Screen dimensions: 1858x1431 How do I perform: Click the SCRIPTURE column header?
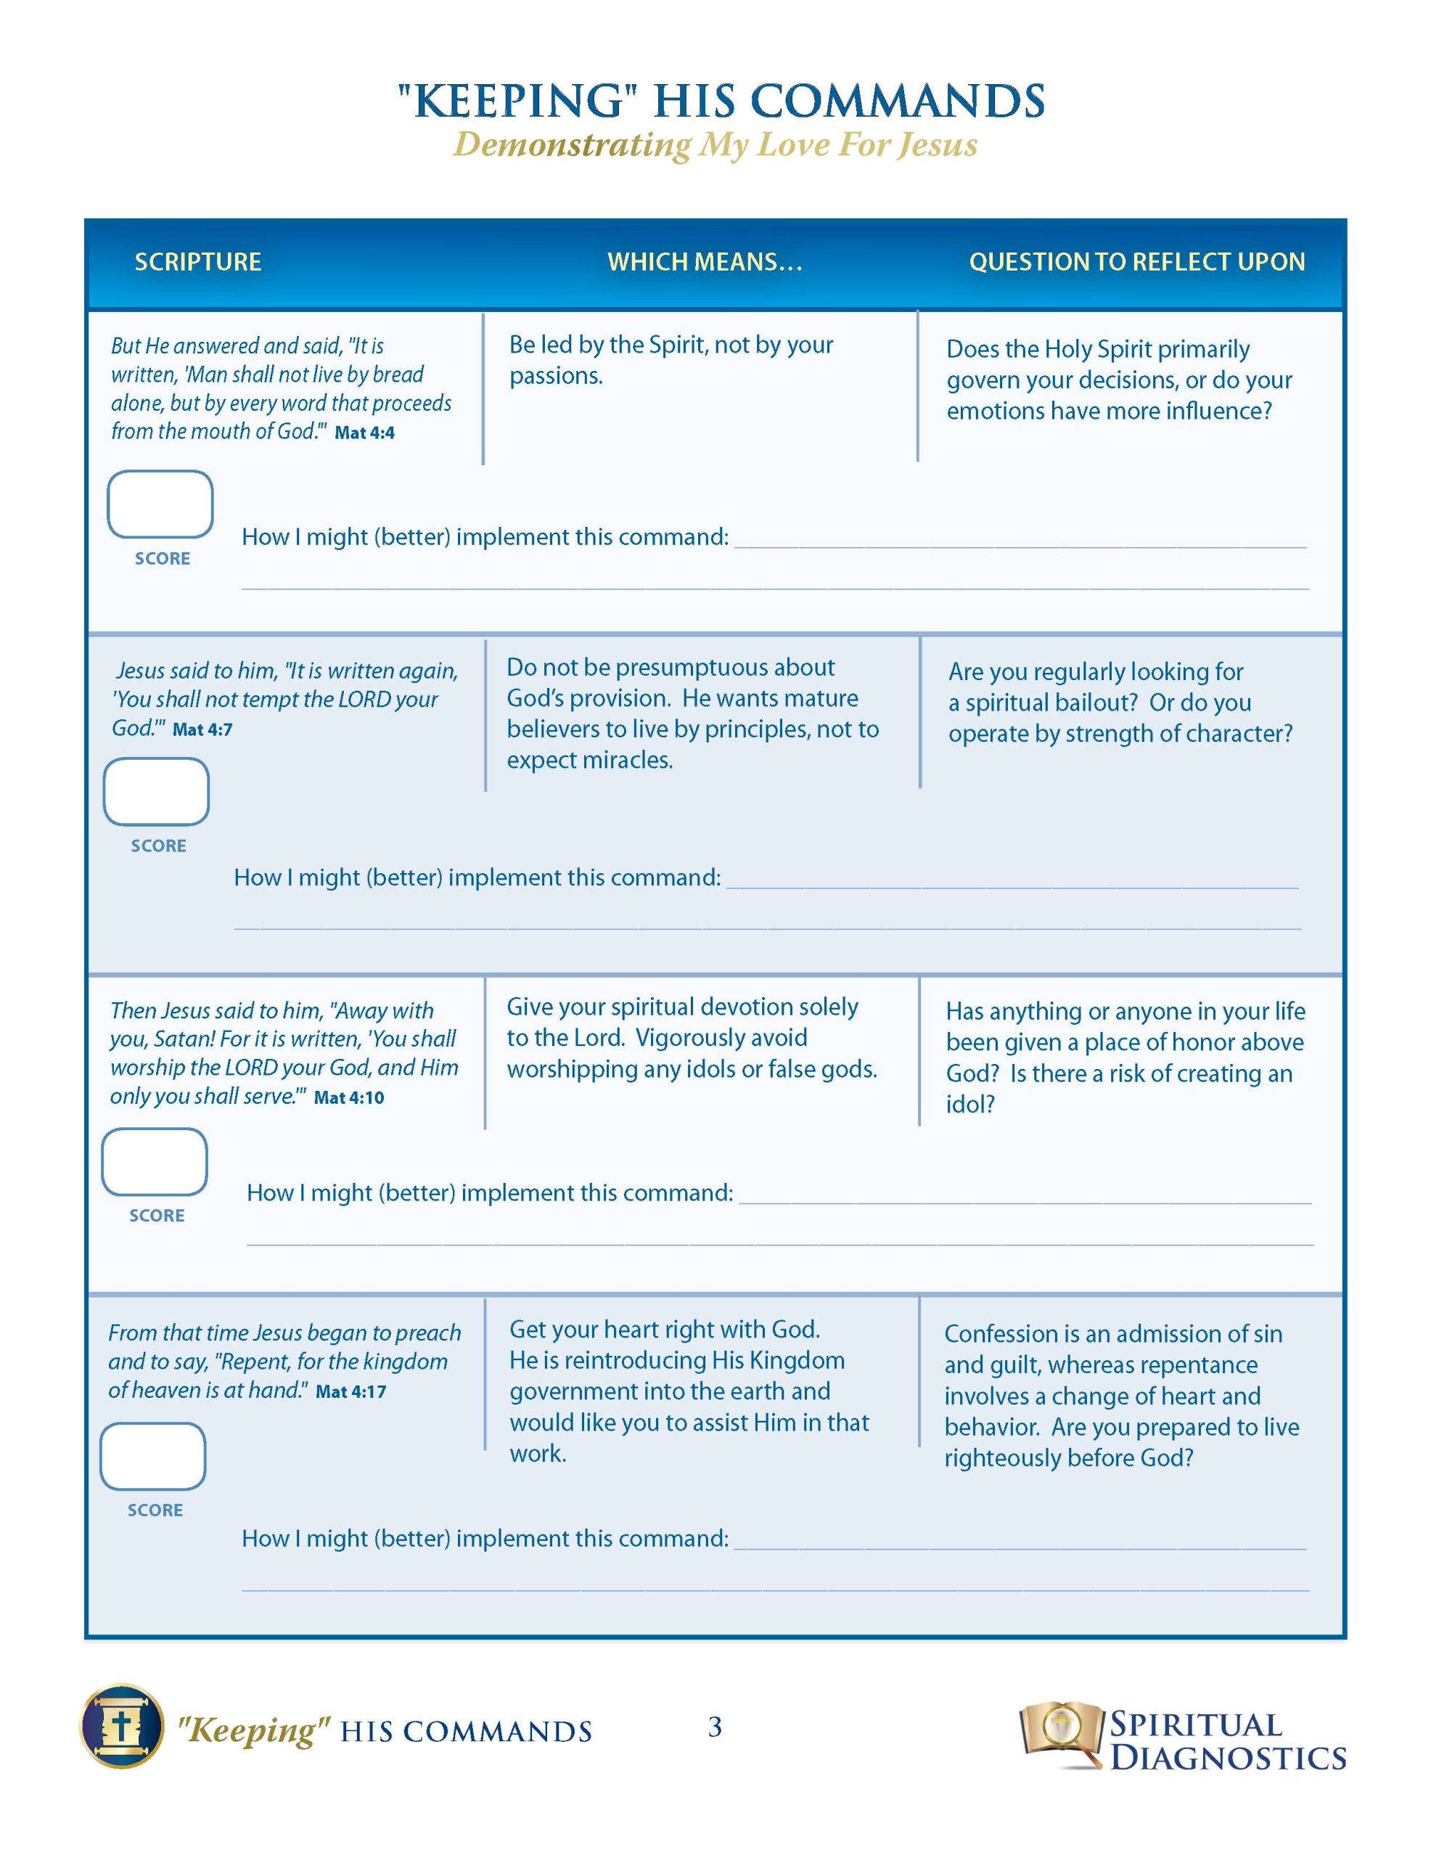pos(197,261)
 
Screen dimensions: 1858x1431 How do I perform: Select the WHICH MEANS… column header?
pos(705,261)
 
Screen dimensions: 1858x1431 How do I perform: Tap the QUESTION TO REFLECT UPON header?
pos(1136,261)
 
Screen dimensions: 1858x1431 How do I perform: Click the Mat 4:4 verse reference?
pos(364,433)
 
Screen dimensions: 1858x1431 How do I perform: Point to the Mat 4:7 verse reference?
pos(202,729)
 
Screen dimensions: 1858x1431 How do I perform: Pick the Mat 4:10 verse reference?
pos(349,1097)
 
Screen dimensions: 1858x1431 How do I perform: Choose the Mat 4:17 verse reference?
pos(350,1391)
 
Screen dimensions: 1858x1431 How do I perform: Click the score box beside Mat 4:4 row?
pos(160,504)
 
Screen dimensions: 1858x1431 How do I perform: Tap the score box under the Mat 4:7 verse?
pos(157,791)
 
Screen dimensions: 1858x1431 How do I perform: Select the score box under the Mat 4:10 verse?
pos(155,1161)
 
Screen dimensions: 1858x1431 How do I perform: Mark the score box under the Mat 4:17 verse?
pos(153,1456)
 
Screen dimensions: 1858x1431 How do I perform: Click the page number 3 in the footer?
pos(715,1726)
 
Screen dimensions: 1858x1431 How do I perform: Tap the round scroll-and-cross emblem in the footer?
pos(123,1726)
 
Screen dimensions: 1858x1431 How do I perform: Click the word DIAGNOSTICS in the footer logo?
pos(1228,1757)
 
